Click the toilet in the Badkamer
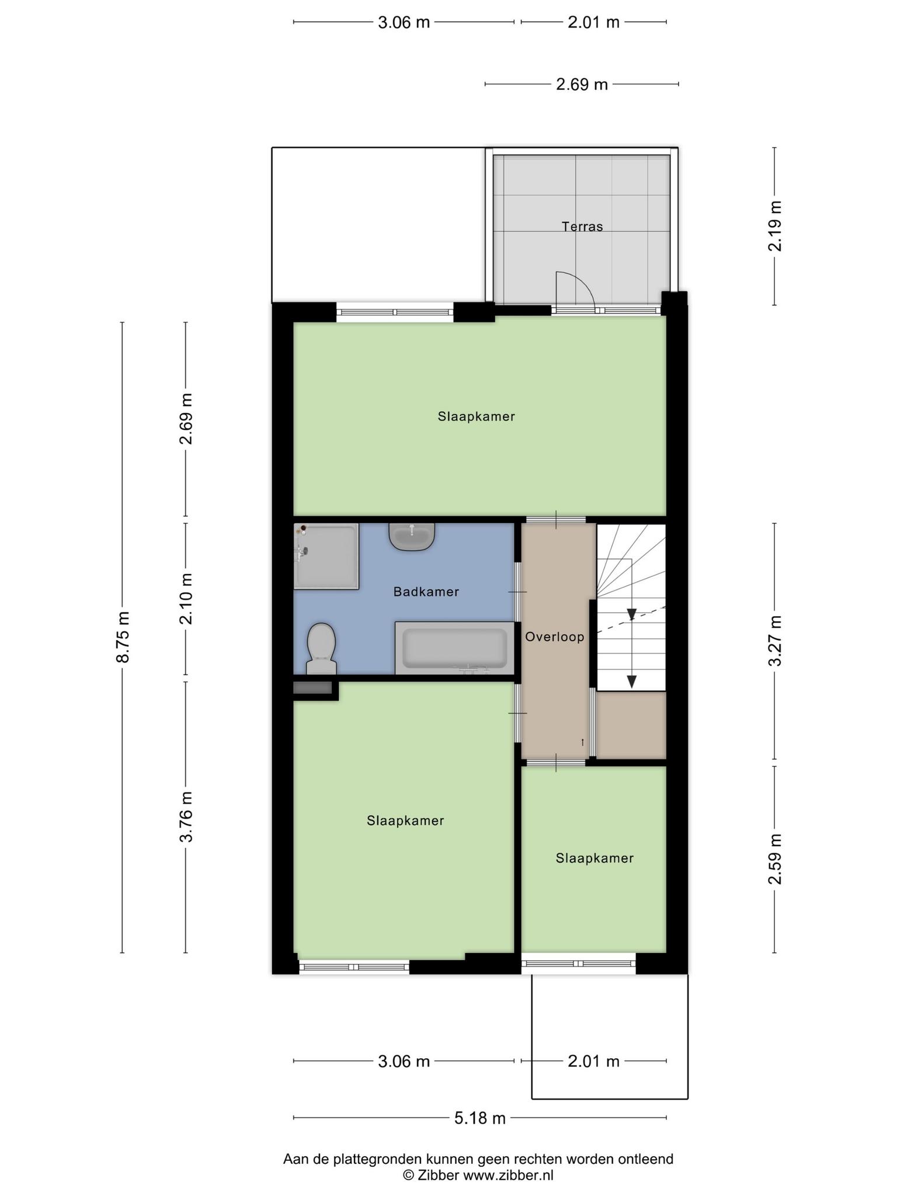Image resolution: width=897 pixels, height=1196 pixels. point(321,649)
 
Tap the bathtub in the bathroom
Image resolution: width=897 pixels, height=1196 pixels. point(455,648)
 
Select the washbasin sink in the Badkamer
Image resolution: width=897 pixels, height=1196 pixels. point(412,537)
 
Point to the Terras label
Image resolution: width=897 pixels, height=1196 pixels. point(582,227)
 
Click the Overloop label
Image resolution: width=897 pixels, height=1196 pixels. point(555,637)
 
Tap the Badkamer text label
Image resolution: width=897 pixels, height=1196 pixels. point(426,592)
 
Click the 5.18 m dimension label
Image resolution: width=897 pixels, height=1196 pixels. point(480,1118)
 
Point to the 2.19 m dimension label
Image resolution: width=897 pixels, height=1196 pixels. point(775,226)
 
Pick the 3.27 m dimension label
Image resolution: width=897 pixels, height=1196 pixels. point(775,641)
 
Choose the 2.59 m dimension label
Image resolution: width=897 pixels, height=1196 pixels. point(775,859)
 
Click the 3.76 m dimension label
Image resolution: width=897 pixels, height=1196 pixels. point(186,817)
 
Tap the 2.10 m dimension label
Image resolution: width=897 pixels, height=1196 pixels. point(186,599)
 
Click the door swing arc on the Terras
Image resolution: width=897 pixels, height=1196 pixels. point(582,283)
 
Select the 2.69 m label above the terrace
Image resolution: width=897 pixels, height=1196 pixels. point(582,85)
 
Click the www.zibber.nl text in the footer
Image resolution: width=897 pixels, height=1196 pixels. point(508,1176)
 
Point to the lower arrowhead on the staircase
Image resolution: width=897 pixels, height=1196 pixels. point(632,682)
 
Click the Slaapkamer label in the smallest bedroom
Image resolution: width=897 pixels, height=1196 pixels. point(594,858)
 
